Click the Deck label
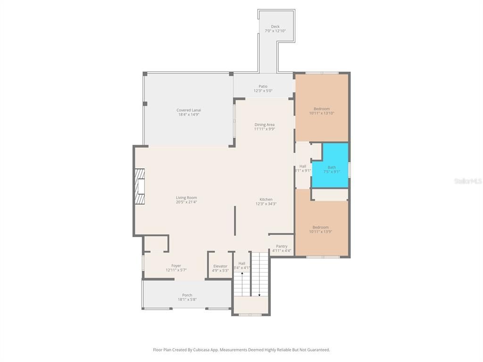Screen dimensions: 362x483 coord(275,26)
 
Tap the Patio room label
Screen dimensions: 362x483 coord(263,86)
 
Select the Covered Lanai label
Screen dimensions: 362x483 coord(189,110)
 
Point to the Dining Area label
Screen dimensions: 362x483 coord(264,124)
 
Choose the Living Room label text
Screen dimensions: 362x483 coord(186,197)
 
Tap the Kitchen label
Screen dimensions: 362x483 coord(266,199)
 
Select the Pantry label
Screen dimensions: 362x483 coord(282,246)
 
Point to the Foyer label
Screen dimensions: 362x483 coord(176,266)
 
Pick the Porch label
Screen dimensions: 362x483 coord(187,295)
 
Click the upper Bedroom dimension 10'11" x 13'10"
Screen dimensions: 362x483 coord(322,114)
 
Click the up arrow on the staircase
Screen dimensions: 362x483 coord(242,274)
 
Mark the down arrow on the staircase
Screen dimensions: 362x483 coord(259,294)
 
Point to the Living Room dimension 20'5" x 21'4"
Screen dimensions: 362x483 coord(186,202)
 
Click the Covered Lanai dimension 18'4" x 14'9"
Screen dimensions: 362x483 coord(189,115)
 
